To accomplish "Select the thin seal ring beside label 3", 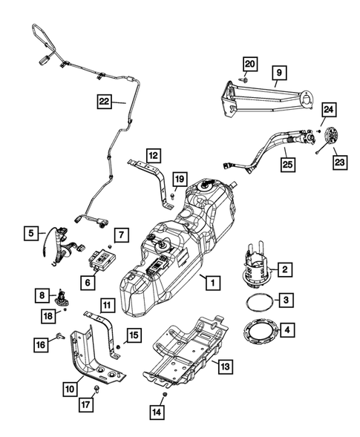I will (x=257, y=302).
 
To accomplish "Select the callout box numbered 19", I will (x=180, y=179).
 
